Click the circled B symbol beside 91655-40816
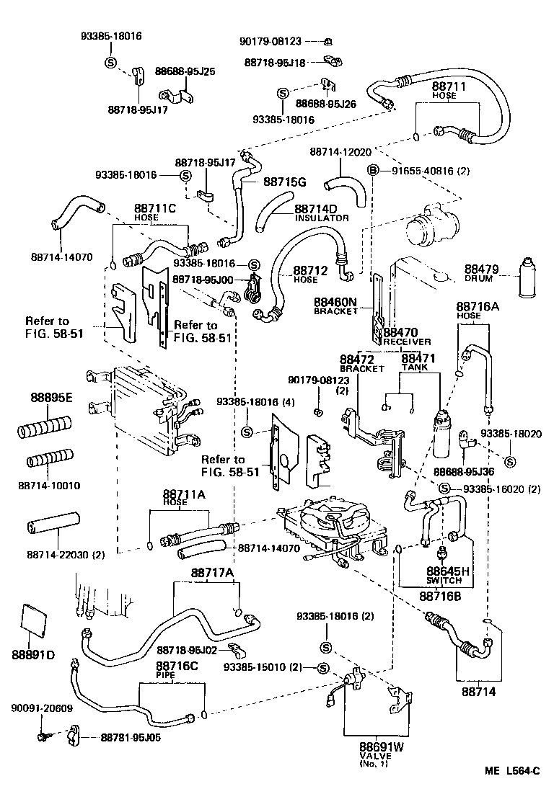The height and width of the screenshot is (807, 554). pyautogui.click(x=373, y=170)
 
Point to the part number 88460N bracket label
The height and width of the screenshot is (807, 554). pyautogui.click(x=335, y=302)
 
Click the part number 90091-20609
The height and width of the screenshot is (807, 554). pyautogui.click(x=41, y=708)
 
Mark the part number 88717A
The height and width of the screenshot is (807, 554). pyautogui.click(x=212, y=573)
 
